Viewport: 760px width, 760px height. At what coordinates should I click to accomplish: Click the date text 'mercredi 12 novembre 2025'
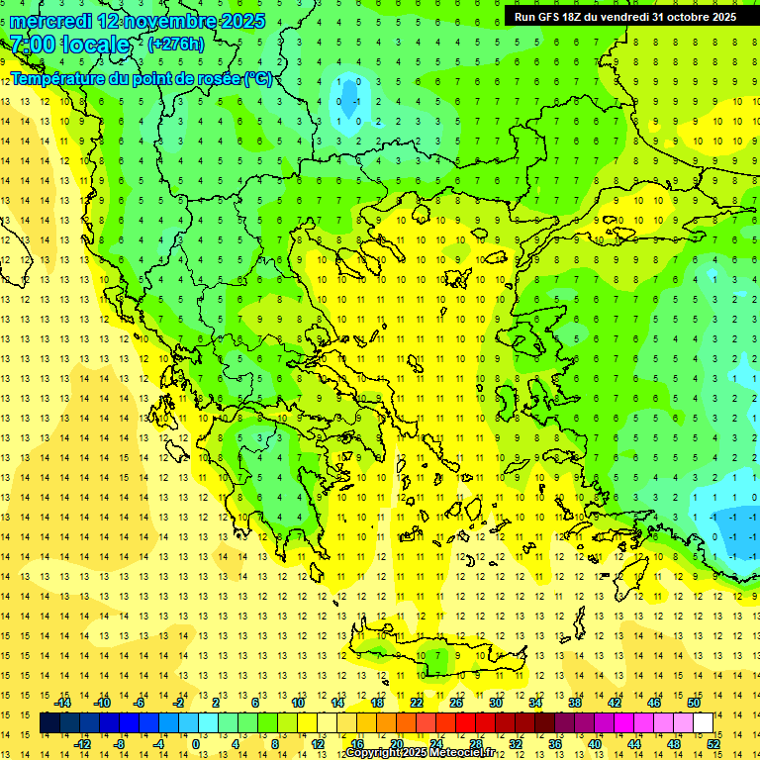pyautogui.click(x=138, y=21)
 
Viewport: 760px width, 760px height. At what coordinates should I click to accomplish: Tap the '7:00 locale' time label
pyautogui.click(x=69, y=45)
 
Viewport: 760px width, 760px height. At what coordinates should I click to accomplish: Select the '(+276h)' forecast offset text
pyautogui.click(x=176, y=45)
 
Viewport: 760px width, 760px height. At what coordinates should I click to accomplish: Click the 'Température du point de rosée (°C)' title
pyautogui.click(x=142, y=78)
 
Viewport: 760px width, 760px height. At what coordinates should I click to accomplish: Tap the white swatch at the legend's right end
pyautogui.click(x=704, y=723)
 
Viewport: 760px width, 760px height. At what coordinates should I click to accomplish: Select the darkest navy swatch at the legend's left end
pyautogui.click(x=49, y=723)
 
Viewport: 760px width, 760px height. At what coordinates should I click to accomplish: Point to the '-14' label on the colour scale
pyautogui.click(x=62, y=703)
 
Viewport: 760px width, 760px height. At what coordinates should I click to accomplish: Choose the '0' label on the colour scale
pyautogui.click(x=196, y=744)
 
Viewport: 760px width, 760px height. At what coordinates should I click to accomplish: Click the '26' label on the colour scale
pyautogui.click(x=456, y=703)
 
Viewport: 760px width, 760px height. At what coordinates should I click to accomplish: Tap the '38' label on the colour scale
pyautogui.click(x=575, y=703)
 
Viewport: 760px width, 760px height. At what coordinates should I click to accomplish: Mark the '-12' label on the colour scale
pyautogui.click(x=82, y=744)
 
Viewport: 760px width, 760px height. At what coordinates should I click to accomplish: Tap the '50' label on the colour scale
pyautogui.click(x=694, y=703)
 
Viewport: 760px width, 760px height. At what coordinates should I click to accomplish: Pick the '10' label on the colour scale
pyautogui.click(x=298, y=703)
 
